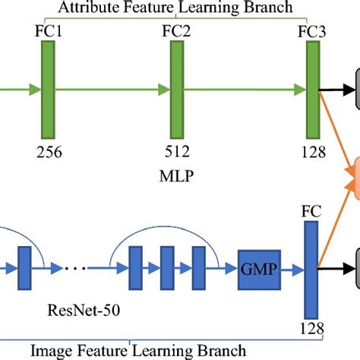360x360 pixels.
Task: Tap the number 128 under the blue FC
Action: pos(311,329)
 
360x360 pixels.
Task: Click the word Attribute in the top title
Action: pos(88,8)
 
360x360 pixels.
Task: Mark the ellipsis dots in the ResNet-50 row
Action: pos(76,268)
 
